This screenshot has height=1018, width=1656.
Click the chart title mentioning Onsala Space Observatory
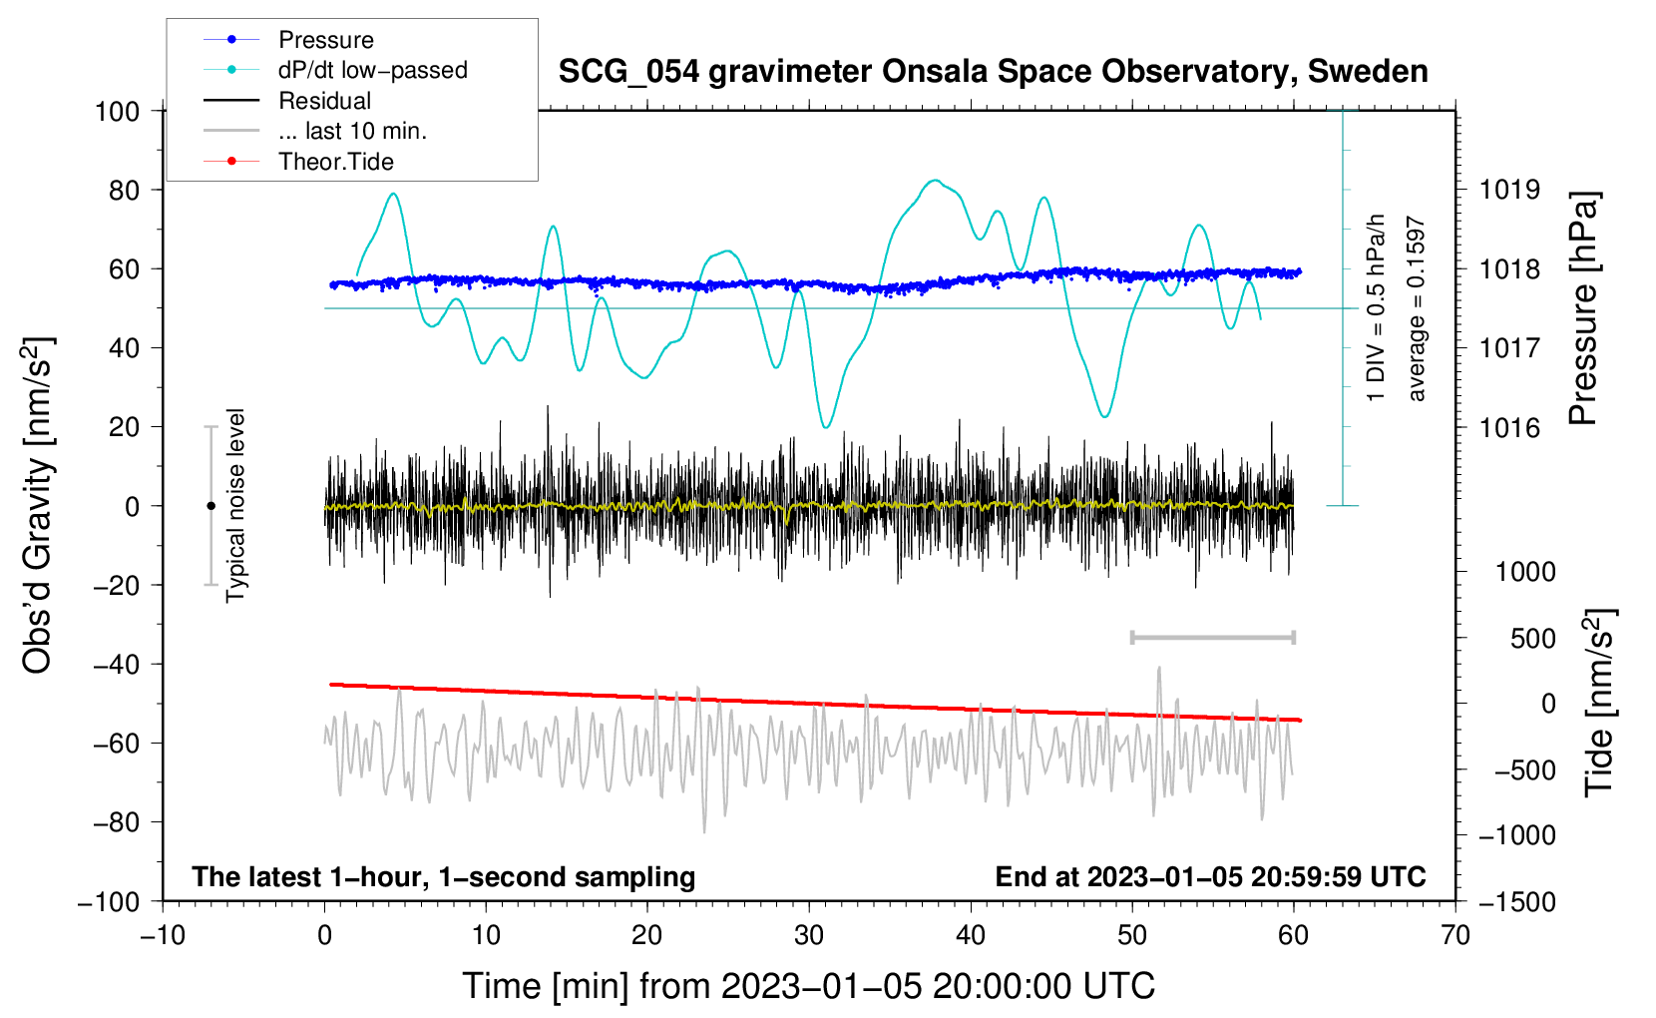pos(993,72)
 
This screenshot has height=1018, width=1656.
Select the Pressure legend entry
pos(289,39)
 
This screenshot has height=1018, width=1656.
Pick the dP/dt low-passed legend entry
pos(335,70)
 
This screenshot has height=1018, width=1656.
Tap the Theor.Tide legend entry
pos(298,162)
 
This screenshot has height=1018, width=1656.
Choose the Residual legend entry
pos(287,101)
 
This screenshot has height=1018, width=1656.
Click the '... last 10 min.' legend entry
pos(315,131)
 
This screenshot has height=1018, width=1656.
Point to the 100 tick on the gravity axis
pos(117,112)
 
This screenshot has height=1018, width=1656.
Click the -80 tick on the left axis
pos(117,822)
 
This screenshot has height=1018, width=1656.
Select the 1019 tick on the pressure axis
pos(1509,191)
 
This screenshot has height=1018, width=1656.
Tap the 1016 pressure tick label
pos(1509,427)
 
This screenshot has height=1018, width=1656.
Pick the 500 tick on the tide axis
pos(1532,639)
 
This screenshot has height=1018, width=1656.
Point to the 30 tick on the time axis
pos(809,936)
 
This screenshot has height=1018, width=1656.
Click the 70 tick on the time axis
pos(1454,936)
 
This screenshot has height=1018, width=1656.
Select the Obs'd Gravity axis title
pos(37,505)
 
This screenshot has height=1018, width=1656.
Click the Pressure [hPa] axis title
pos(1582,308)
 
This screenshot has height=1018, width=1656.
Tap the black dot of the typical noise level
pos(210,506)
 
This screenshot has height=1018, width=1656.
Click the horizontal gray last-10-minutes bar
pos(1212,638)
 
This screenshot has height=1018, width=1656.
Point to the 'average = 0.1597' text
pos(1416,308)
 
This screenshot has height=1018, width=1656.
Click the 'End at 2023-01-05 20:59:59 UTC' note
pos(1210,877)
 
